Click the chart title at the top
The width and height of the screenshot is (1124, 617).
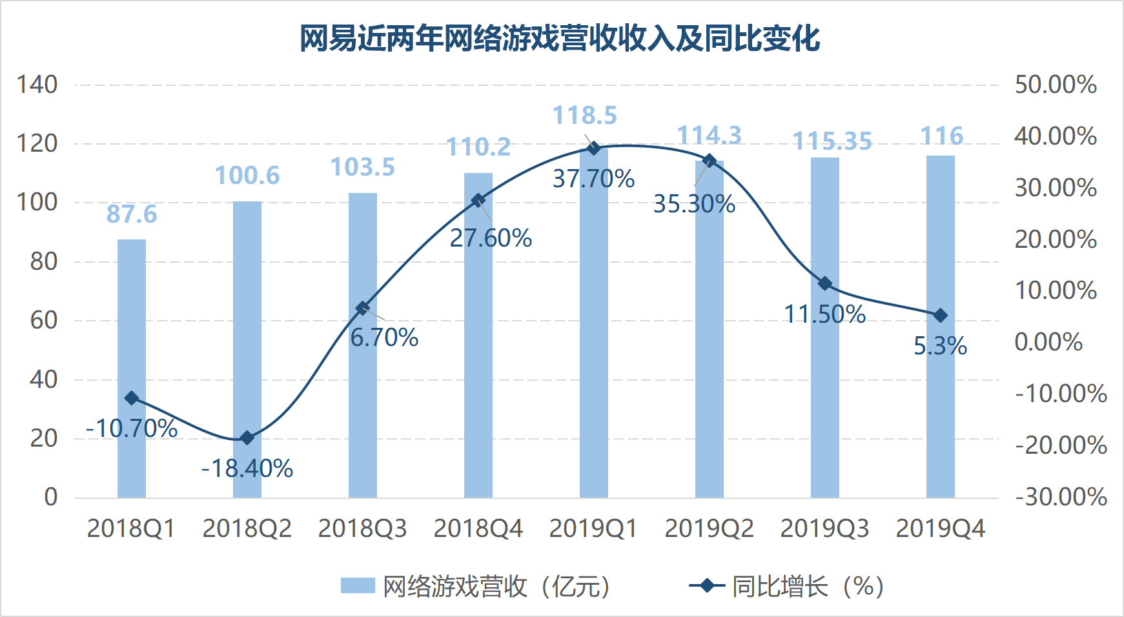click(560, 39)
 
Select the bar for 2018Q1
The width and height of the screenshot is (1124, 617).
click(132, 369)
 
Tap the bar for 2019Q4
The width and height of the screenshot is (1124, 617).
click(941, 327)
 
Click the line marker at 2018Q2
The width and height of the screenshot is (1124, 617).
click(247, 438)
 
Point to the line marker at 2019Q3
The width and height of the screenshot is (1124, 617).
click(824, 284)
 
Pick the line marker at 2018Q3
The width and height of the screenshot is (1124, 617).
click(362, 308)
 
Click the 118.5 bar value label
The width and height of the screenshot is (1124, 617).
click(585, 116)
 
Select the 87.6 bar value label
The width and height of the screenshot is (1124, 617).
click(132, 214)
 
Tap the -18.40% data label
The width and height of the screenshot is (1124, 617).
click(247, 469)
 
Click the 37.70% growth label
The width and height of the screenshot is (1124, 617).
click(594, 179)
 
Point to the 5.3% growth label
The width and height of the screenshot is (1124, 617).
click(940, 346)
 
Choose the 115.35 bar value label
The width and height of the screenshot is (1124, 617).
click(832, 141)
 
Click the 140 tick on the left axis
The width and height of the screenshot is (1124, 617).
click(37, 85)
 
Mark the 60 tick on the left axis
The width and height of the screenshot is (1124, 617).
click(44, 320)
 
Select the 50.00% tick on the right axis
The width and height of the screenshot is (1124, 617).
click(1056, 85)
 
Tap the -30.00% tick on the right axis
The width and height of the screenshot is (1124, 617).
click(1061, 497)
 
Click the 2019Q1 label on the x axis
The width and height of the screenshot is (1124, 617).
click(593, 529)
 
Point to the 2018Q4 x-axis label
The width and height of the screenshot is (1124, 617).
click(478, 529)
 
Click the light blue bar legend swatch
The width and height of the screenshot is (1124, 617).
click(358, 586)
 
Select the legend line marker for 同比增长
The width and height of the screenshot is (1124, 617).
click(707, 586)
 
